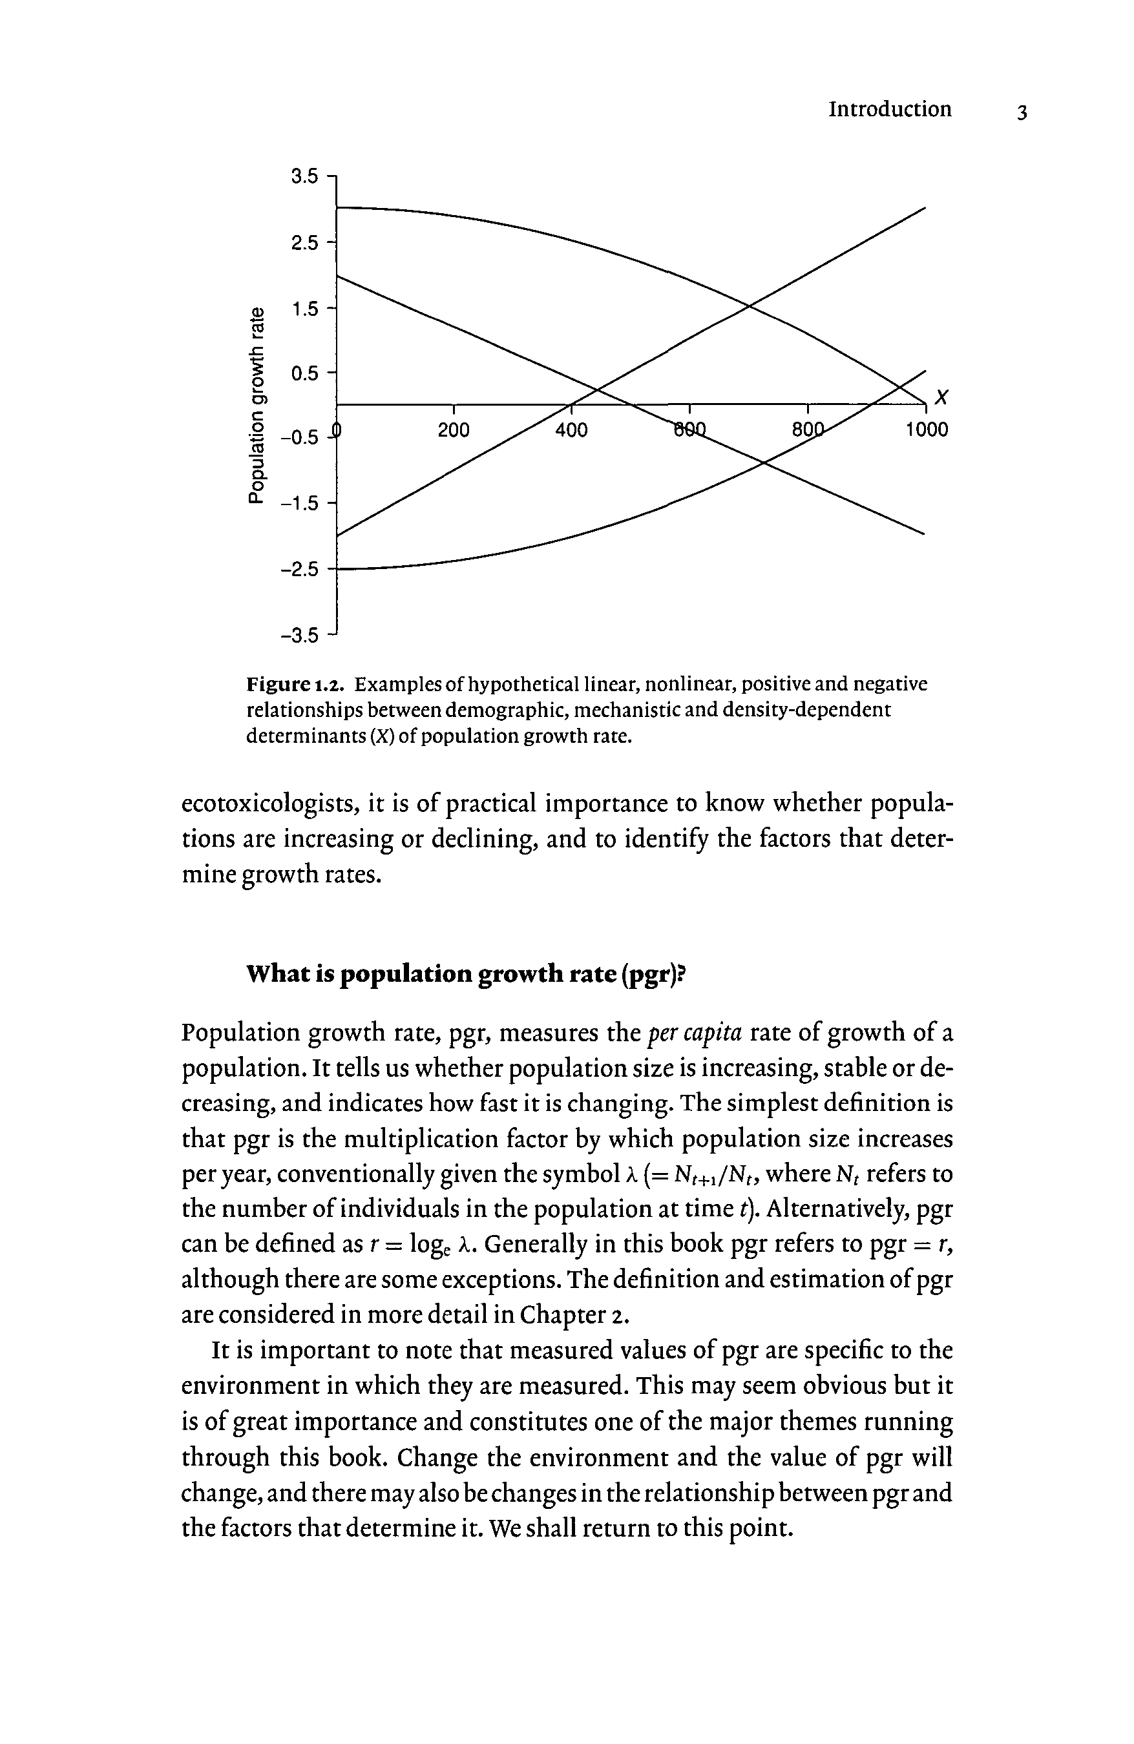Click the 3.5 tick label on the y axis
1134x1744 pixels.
(x=304, y=176)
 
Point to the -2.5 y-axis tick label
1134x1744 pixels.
(x=300, y=569)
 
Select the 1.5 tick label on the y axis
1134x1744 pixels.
(x=304, y=309)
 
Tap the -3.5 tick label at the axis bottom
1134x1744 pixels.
(x=300, y=634)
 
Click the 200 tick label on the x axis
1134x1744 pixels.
(x=453, y=430)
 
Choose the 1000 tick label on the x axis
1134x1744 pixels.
(x=926, y=430)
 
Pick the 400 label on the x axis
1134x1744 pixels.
(x=571, y=430)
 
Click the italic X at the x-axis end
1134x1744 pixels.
(x=942, y=398)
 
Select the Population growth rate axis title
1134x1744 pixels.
(x=256, y=405)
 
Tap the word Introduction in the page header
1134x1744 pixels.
(x=889, y=109)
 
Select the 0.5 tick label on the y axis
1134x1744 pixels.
(x=304, y=374)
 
